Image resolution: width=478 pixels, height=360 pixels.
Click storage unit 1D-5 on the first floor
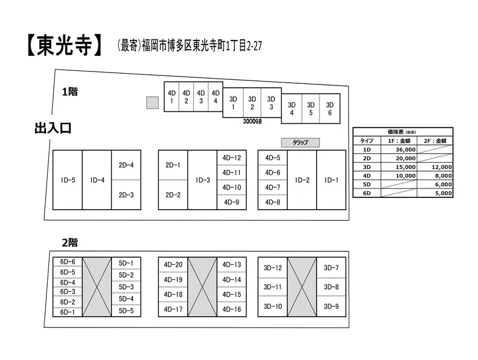pos(67,180)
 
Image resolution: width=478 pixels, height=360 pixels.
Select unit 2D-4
pos(126,165)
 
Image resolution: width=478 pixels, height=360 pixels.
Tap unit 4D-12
pos(232,158)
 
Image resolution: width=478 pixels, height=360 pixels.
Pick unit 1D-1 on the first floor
pos(331,180)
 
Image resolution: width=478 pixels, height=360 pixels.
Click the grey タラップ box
pos(300,142)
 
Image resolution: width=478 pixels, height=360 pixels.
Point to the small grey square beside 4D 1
pos(152,102)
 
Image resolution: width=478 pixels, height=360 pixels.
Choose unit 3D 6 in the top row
pos(330,109)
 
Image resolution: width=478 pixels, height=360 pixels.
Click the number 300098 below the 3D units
pos(252,121)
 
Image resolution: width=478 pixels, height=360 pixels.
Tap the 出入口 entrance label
pos(53,128)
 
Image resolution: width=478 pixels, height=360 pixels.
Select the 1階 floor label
pos(70,92)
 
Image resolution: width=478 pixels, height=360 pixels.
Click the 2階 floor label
pos(70,242)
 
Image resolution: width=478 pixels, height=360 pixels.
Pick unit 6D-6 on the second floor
pos(67,262)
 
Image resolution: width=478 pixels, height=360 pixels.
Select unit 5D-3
pos(126,287)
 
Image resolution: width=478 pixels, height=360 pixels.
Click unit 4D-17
pos(173,309)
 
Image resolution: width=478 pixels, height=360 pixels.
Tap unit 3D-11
pos(273,287)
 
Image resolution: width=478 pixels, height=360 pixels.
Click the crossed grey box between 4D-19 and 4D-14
pos(202,287)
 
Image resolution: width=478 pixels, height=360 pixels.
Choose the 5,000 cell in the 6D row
pos(435,193)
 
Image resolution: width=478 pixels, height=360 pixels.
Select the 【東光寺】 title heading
pos(64,46)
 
